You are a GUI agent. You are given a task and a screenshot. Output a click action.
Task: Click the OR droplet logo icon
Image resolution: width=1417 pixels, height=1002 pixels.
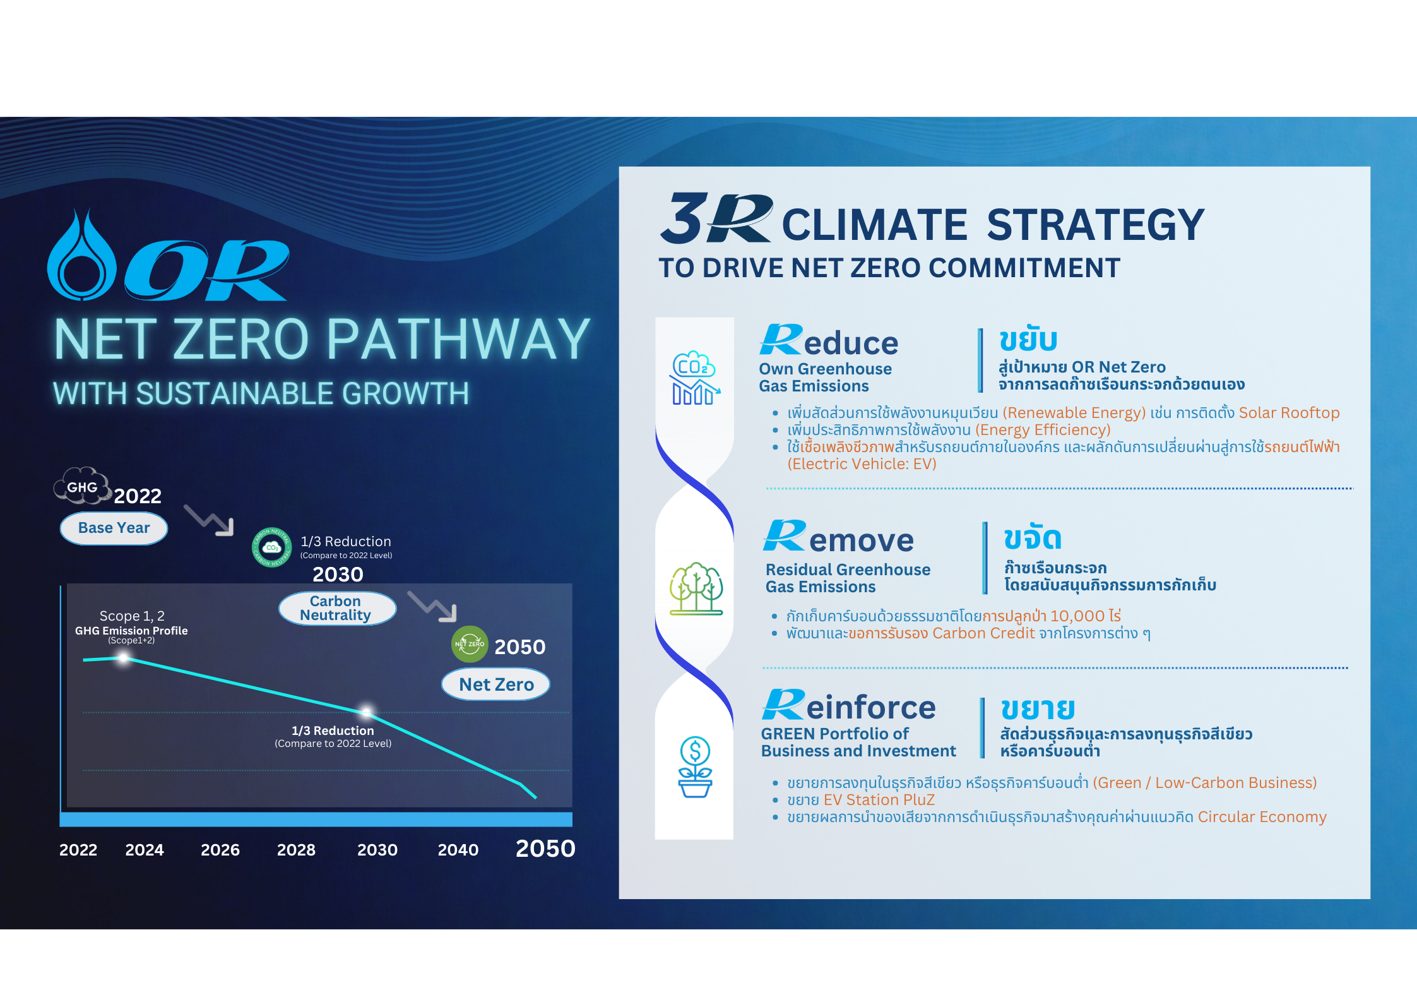tap(82, 256)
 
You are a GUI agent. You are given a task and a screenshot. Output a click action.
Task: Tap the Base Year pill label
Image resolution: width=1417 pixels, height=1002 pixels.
tap(114, 528)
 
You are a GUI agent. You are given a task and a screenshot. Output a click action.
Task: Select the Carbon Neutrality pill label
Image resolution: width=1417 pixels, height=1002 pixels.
tap(337, 608)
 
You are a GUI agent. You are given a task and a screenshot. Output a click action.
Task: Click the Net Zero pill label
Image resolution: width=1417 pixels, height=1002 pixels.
tap(495, 684)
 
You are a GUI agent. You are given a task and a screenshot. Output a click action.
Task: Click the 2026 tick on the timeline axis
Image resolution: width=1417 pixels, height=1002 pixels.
tap(220, 850)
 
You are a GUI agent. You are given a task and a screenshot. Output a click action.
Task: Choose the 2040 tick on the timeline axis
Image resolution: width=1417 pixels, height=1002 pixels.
tap(458, 850)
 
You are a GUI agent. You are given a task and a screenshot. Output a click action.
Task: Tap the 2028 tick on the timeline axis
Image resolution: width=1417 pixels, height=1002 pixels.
tap(296, 850)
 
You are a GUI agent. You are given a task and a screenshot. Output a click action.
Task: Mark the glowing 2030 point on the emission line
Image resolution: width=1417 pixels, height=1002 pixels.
tap(366, 712)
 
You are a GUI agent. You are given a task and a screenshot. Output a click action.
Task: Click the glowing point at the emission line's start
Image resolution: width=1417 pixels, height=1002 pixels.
tap(124, 658)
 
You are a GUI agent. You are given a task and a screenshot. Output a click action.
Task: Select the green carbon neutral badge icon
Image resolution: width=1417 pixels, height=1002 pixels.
tap(272, 547)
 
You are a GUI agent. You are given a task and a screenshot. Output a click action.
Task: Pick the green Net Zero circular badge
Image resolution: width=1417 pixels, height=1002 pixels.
tap(470, 644)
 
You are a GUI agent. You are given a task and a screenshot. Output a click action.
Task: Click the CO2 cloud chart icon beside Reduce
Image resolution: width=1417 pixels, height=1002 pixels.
tap(694, 378)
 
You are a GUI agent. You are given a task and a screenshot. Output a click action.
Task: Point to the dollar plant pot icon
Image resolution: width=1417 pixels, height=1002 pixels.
tap(695, 767)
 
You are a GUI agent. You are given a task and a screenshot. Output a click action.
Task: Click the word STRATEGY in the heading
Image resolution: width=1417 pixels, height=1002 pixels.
tap(1096, 225)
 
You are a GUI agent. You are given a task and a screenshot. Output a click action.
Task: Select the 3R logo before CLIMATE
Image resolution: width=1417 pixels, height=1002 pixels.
tap(716, 218)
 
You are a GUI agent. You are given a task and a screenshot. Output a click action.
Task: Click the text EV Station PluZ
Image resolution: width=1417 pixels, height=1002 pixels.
tap(879, 800)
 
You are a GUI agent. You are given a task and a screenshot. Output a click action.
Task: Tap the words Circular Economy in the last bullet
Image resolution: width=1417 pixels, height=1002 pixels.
tap(1262, 817)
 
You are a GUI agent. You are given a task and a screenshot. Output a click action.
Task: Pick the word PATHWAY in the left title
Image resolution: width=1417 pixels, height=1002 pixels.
tap(458, 340)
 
